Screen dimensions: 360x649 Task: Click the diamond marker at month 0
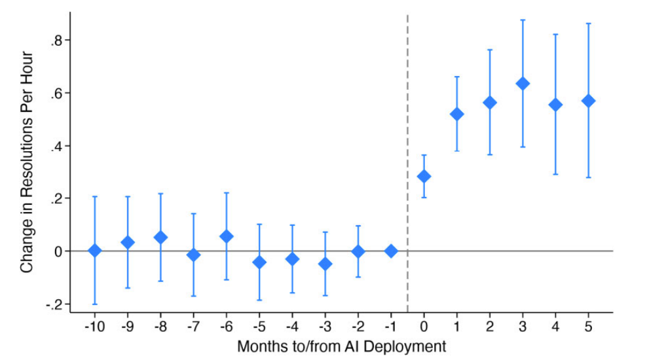tap(424, 176)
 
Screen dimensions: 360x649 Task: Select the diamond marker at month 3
tap(523, 83)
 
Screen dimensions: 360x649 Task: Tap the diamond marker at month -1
tap(391, 251)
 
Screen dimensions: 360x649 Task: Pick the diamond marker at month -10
tap(94, 250)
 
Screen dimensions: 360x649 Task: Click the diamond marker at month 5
tap(588, 101)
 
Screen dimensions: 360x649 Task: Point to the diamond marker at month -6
tap(227, 236)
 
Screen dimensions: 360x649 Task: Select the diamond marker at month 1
tap(456, 114)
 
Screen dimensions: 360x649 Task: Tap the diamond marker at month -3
tap(325, 264)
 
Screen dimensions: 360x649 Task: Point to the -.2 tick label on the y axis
tap(54, 304)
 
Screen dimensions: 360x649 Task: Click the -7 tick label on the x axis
tap(193, 327)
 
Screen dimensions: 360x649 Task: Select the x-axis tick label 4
tap(555, 327)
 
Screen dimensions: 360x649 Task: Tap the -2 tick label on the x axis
tap(358, 327)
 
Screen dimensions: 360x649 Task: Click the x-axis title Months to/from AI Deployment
tap(341, 346)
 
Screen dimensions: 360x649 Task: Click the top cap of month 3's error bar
tap(523, 20)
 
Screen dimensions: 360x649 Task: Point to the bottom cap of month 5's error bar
tap(588, 177)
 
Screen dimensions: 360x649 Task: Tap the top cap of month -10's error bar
tap(94, 196)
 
